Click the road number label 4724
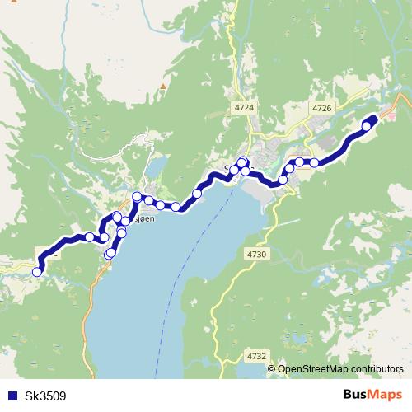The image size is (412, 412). [245, 108]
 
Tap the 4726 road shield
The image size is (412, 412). [321, 108]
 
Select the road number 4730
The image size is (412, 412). [256, 255]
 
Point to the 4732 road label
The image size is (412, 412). [256, 357]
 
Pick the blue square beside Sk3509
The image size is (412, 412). [10, 396]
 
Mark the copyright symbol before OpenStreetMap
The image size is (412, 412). [272, 369]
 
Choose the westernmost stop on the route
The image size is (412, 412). [37, 271]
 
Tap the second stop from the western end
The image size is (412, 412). [90, 237]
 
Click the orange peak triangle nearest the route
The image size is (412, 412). [163, 84]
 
